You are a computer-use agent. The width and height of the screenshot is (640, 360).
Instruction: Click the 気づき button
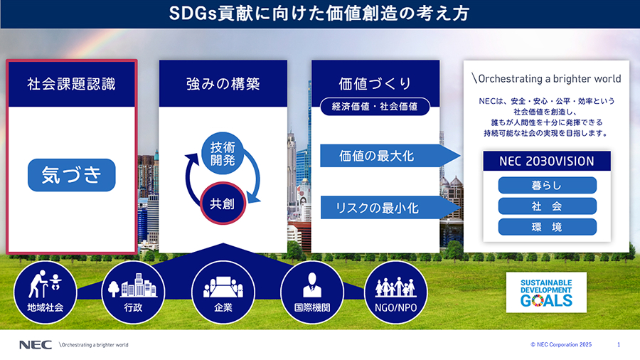click(71, 175)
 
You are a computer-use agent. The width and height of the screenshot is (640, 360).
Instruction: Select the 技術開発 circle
click(223, 154)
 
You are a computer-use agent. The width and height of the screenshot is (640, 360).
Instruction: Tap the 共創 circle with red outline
click(223, 203)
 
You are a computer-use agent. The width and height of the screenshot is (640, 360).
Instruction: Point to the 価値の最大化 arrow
click(390, 156)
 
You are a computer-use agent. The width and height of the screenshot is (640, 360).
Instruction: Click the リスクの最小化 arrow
click(390, 207)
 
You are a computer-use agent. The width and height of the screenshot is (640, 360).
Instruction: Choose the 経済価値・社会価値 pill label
click(375, 107)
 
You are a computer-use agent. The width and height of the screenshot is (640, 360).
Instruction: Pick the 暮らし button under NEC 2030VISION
click(547, 185)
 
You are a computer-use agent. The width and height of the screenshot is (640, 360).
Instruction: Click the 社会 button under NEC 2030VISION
click(547, 206)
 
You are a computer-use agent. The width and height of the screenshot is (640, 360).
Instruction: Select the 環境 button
click(547, 227)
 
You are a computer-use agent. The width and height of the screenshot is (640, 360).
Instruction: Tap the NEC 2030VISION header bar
click(547, 162)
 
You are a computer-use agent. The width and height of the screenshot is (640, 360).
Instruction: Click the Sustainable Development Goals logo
click(546, 292)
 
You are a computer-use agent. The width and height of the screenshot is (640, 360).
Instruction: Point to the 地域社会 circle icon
click(46, 292)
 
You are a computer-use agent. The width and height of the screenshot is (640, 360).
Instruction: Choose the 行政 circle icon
click(133, 292)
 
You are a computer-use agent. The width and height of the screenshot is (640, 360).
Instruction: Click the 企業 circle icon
click(223, 292)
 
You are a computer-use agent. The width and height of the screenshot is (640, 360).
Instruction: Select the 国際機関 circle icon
click(312, 292)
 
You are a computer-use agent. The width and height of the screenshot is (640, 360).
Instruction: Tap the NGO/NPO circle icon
click(395, 292)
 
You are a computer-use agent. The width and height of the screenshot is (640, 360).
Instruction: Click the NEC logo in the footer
click(36, 345)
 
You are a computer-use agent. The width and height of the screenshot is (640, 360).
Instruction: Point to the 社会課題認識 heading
click(71, 84)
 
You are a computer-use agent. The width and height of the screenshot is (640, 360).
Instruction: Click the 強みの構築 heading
click(223, 84)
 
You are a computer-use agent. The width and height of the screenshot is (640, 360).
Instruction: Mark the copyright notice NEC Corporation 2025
click(561, 344)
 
